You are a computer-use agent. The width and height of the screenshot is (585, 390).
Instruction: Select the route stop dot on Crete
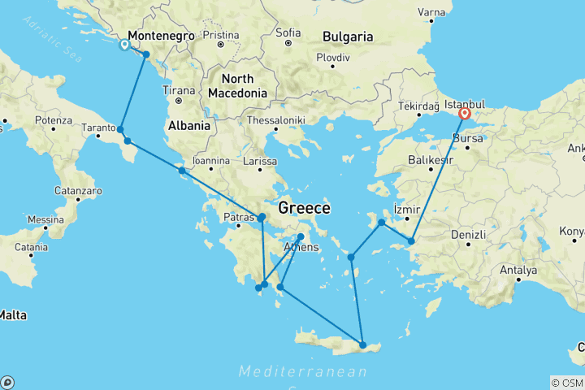point(362,344)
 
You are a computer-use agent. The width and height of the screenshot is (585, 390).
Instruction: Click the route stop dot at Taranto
point(120,129)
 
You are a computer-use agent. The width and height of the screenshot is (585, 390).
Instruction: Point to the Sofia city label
point(288,32)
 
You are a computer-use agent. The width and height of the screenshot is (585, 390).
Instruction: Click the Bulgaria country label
point(347,37)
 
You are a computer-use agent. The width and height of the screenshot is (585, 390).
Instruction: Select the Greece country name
point(304,208)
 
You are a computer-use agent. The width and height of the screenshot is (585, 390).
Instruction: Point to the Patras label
point(240,218)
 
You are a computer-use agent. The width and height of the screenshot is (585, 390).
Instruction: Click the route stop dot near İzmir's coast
point(381,222)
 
